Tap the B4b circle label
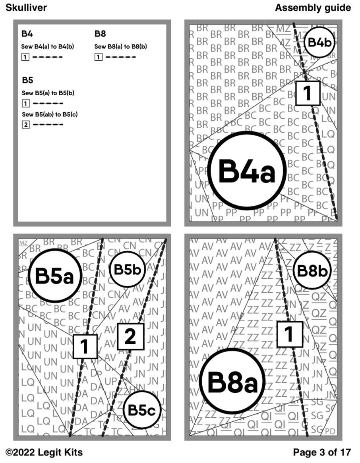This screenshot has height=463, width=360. point(319,42)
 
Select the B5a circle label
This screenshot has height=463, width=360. point(55,275)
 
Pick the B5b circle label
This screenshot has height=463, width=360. point(128,269)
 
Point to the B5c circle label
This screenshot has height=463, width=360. point(142,410)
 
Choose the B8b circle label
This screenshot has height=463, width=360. point(312,271)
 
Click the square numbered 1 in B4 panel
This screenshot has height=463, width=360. point(307,93)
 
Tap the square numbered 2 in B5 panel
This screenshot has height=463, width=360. point(130,336)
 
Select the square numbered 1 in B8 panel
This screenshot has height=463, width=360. point(289,334)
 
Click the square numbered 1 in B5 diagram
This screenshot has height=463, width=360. point(85,346)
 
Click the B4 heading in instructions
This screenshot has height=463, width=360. point(27,34)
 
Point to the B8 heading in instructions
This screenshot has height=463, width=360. point(100,34)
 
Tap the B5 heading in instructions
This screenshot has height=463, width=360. point(27,80)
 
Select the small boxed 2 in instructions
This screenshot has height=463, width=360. point(25,125)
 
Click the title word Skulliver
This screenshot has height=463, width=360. point(26,8)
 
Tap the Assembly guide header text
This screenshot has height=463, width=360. point(313,8)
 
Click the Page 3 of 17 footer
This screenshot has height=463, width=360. point(322,452)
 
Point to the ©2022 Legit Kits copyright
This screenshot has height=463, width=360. point(44,452)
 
